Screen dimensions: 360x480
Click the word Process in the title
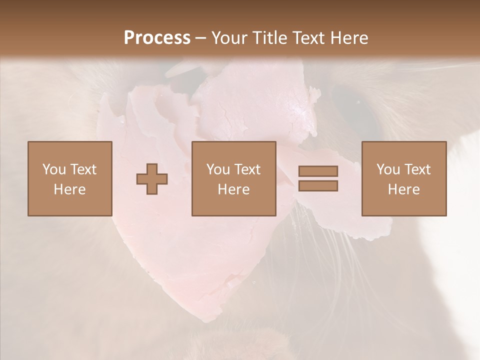point(157,38)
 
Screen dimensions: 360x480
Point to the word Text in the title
point(309,38)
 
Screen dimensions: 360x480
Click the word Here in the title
point(349,38)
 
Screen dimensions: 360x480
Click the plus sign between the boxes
point(152,179)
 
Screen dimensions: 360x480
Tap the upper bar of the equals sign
point(318,171)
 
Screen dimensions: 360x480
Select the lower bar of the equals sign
point(318,186)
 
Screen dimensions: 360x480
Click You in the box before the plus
point(53,169)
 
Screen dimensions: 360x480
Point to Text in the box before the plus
point(83,169)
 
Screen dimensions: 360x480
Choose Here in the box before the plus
point(69,189)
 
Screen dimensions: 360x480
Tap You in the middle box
point(218,169)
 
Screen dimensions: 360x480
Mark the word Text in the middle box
point(247,169)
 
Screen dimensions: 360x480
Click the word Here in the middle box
point(233,189)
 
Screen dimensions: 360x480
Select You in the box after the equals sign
point(388,169)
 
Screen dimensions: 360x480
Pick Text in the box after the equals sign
point(417,169)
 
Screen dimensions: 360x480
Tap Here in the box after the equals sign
point(403,189)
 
